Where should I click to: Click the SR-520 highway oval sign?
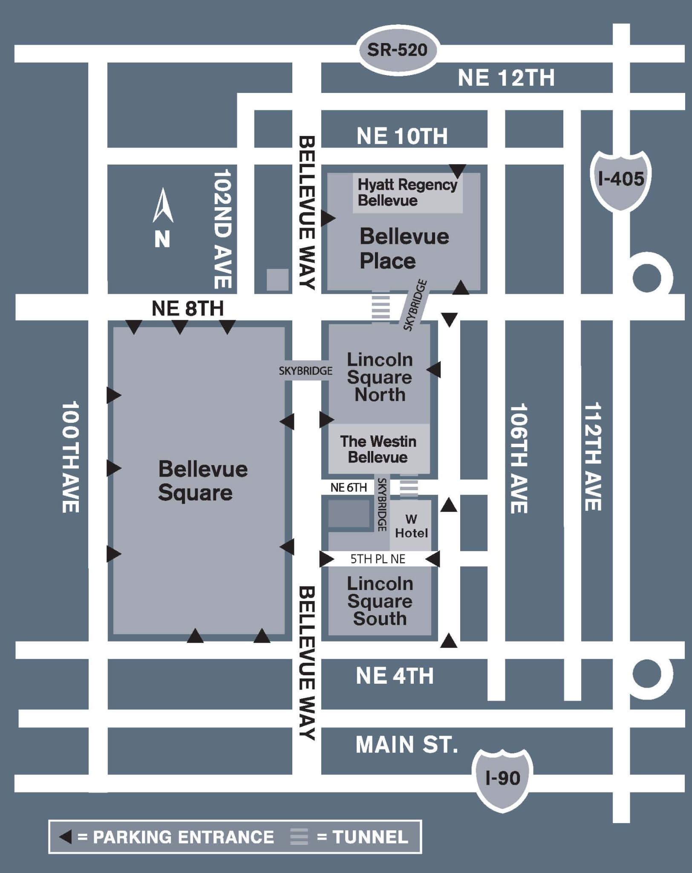(397, 50)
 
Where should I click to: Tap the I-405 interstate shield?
(621, 179)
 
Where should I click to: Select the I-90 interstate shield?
(503, 778)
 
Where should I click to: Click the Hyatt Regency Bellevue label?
(407, 192)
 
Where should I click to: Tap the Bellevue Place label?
(404, 249)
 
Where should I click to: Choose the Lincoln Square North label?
(380, 377)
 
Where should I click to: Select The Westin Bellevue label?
(378, 449)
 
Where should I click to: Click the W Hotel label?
(411, 526)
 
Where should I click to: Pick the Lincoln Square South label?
(380, 601)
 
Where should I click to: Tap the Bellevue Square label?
(202, 481)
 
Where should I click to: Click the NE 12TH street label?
(506, 78)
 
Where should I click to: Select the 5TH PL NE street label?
(378, 559)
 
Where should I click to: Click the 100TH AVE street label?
(71, 457)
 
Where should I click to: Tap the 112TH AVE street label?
(592, 457)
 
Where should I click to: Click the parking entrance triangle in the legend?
(66, 837)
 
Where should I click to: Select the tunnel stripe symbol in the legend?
(299, 837)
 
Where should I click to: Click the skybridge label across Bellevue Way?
(306, 371)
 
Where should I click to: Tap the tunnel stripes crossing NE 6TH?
(409, 487)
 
